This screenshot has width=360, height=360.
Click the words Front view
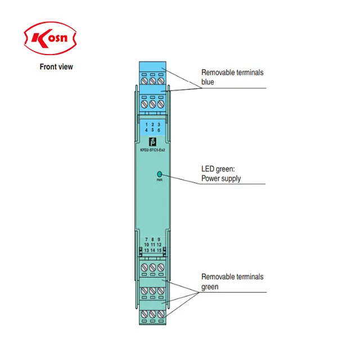(x=56, y=67)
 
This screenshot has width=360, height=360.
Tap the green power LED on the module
(x=160, y=174)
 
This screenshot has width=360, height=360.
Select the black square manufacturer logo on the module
(x=151, y=141)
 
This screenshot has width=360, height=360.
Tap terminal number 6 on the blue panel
(x=159, y=130)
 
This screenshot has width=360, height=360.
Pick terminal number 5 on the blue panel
(x=152, y=130)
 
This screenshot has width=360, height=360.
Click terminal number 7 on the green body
(x=146, y=240)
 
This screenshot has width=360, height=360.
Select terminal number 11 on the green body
(x=153, y=245)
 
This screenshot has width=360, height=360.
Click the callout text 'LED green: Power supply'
(x=221, y=174)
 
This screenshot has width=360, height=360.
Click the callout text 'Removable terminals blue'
(x=232, y=77)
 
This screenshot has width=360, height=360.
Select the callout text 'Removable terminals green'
(x=232, y=282)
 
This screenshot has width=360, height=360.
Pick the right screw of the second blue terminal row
(x=160, y=104)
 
